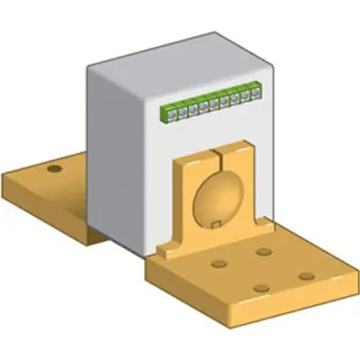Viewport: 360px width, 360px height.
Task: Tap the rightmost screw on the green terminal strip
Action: click(258, 90)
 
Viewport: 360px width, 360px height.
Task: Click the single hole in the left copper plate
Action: click(55, 168)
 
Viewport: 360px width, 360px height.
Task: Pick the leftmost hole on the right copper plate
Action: click(218, 265)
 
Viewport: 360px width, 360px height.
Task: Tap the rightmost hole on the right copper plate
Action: click(307, 276)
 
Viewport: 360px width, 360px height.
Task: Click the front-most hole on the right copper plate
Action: click(261, 288)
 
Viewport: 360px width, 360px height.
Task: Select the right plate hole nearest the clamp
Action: click(263, 251)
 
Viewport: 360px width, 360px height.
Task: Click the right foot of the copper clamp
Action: click(257, 229)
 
